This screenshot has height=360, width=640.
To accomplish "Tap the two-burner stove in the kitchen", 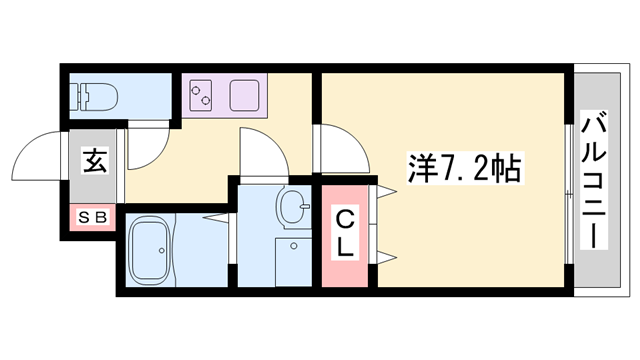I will click(x=202, y=97).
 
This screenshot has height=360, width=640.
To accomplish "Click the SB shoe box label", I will click(x=93, y=215).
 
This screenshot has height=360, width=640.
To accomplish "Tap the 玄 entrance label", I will click(x=95, y=160).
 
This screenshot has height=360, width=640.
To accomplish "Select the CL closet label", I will click(x=344, y=233).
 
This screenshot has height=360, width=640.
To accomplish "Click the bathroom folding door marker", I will click(x=215, y=215).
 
